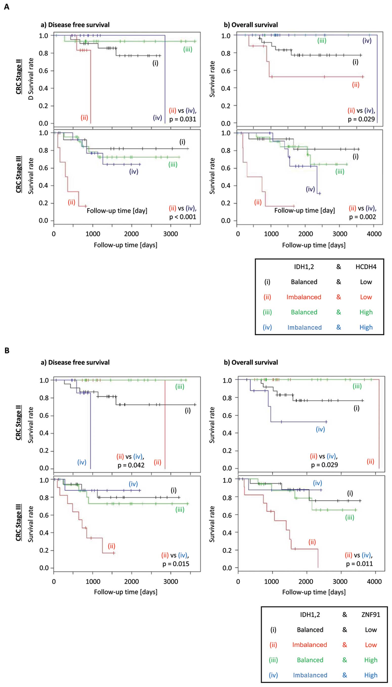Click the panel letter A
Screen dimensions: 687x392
tap(7, 7)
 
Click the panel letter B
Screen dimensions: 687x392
tap(7, 350)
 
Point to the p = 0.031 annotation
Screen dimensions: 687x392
tap(183, 119)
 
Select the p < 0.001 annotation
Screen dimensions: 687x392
tap(183, 217)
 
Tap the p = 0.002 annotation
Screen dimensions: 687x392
tap(362, 217)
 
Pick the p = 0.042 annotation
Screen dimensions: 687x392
tap(131, 465)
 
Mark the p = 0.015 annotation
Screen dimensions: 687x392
tap(176, 564)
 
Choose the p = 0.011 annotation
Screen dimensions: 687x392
tap(359, 564)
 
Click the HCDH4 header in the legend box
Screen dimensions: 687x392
tap(366, 267)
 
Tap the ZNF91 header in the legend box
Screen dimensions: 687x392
tap(371, 615)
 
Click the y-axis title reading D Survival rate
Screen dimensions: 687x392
tap(31, 79)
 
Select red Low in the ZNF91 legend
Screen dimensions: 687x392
tap(371, 645)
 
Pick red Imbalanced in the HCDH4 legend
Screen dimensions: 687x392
tap(304, 297)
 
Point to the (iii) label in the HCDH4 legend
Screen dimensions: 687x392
tap(267, 312)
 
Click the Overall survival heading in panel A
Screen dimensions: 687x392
tap(251, 25)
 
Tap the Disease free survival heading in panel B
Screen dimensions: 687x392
tap(75, 362)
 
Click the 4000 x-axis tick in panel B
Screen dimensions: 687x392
tap(374, 582)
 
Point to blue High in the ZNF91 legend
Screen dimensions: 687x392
tap(371, 675)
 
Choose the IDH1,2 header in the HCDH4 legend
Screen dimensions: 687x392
tap(304, 267)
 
